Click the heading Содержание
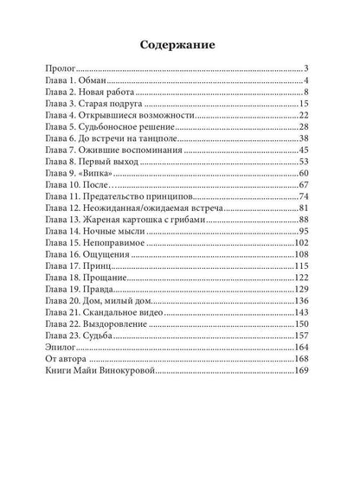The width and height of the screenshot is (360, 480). [x=180, y=43]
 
